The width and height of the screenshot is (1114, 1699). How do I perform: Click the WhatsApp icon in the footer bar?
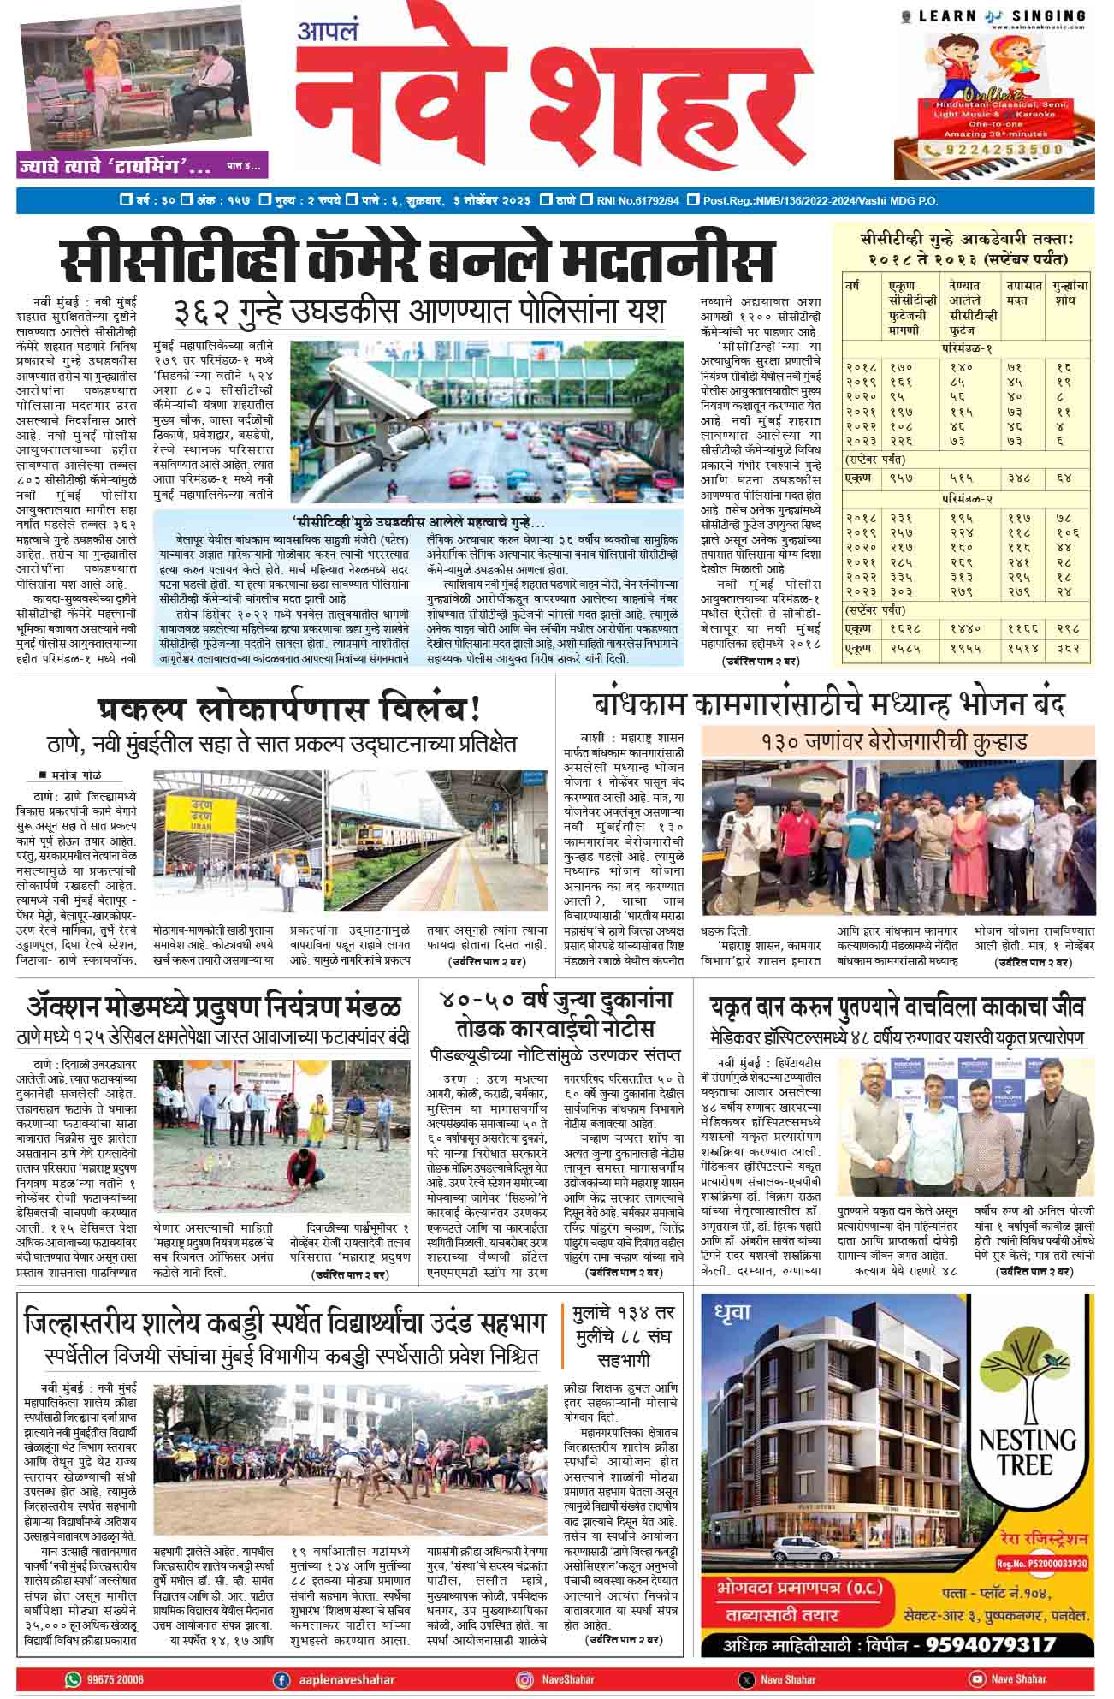[70, 1680]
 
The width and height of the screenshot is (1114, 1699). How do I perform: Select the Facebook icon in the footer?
[280, 1680]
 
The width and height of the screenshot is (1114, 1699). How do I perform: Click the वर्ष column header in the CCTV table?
[854, 285]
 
